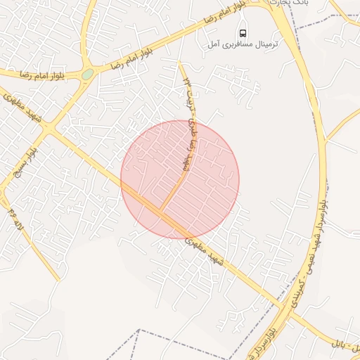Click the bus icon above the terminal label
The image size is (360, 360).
pos(243,32)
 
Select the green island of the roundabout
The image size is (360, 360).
pos(87,73)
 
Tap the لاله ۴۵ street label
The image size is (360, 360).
pos(15,220)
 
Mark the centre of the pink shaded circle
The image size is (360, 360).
pos(180,179)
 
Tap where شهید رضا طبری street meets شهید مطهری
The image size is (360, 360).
pos(161,212)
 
